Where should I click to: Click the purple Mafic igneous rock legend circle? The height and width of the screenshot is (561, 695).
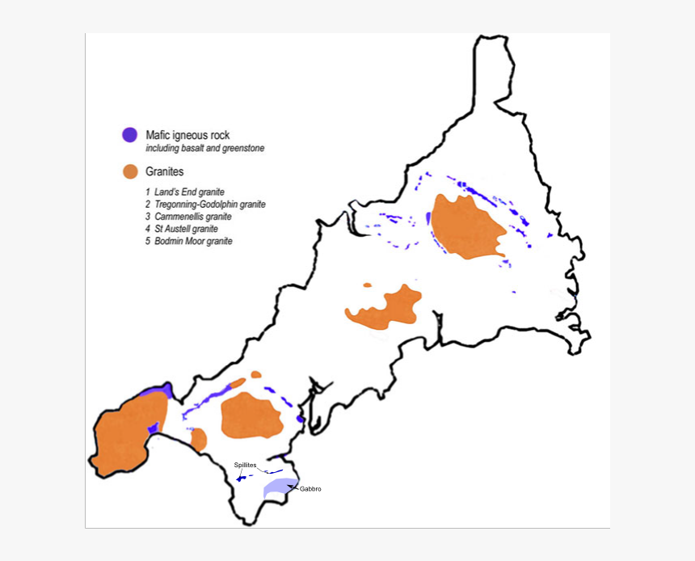128,135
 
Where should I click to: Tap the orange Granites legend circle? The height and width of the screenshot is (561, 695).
128,171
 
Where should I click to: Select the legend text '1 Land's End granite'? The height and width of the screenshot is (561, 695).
184,192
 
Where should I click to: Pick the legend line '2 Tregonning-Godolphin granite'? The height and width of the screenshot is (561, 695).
205,205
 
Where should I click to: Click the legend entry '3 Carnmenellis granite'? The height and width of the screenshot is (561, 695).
188,217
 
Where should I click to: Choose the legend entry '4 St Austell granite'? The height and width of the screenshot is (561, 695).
182,229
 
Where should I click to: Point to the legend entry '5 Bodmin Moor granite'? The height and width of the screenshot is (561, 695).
188,241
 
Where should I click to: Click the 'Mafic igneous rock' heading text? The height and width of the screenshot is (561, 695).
187,134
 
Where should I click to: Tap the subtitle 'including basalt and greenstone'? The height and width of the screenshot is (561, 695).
204,149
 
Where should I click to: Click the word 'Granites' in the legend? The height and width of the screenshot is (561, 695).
165,171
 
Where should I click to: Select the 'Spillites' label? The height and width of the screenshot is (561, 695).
245,465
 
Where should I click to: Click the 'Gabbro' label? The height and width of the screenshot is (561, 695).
310,489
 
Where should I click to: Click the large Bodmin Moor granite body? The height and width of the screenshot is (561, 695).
466,226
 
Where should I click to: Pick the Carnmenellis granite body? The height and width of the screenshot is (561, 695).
250,415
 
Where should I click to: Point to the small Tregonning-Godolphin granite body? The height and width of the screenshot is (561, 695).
199,439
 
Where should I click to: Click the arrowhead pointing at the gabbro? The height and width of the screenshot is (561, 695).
290,486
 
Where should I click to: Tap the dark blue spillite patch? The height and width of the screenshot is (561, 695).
241,479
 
